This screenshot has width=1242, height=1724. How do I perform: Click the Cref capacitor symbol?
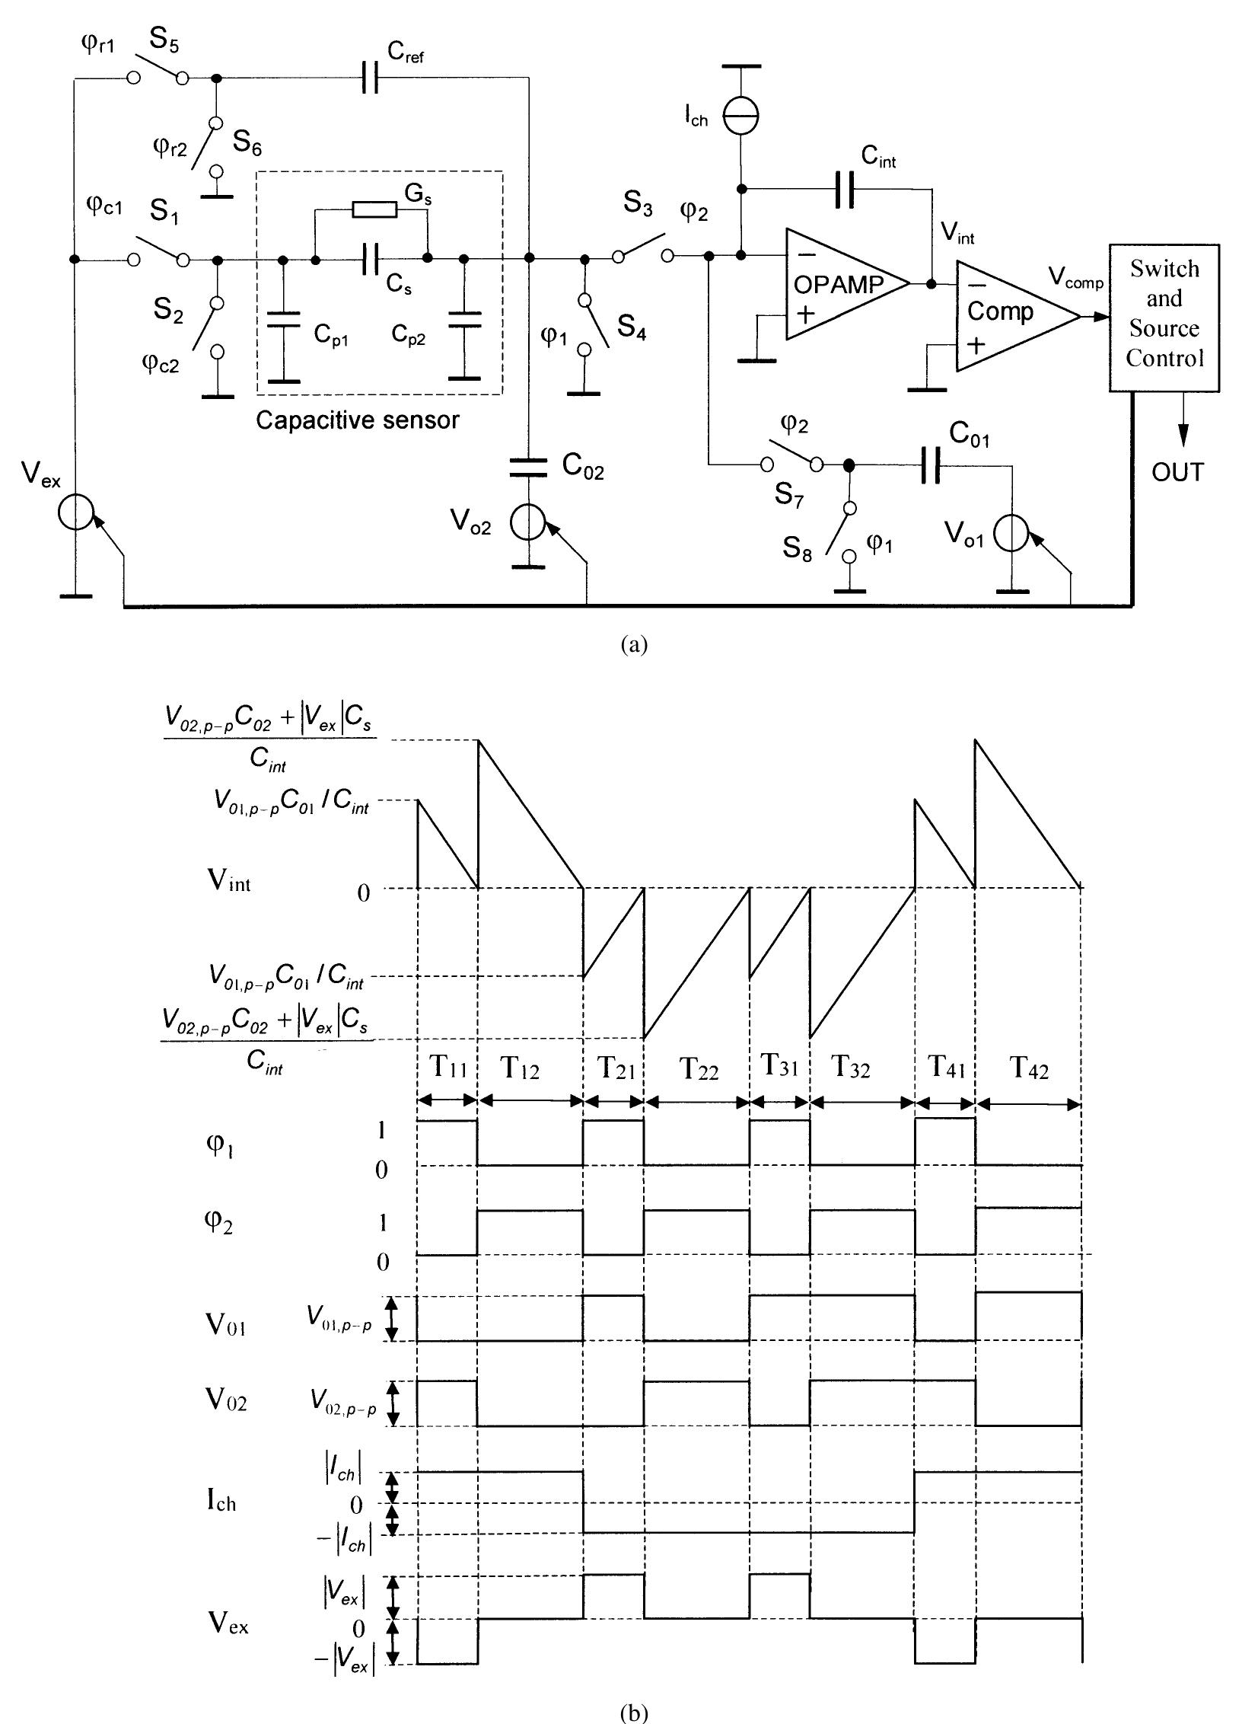point(370,78)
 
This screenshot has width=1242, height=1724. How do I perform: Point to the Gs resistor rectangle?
point(374,209)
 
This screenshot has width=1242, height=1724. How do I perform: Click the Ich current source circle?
point(740,116)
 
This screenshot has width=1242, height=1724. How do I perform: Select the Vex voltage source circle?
point(75,512)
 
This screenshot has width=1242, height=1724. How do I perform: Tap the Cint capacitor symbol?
point(845,189)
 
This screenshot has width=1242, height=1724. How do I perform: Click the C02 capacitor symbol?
point(528,466)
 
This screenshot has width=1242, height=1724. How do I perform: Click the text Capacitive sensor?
point(357,420)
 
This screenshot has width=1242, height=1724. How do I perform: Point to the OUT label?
point(1177,473)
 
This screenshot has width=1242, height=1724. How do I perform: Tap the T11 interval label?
point(447,1068)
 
